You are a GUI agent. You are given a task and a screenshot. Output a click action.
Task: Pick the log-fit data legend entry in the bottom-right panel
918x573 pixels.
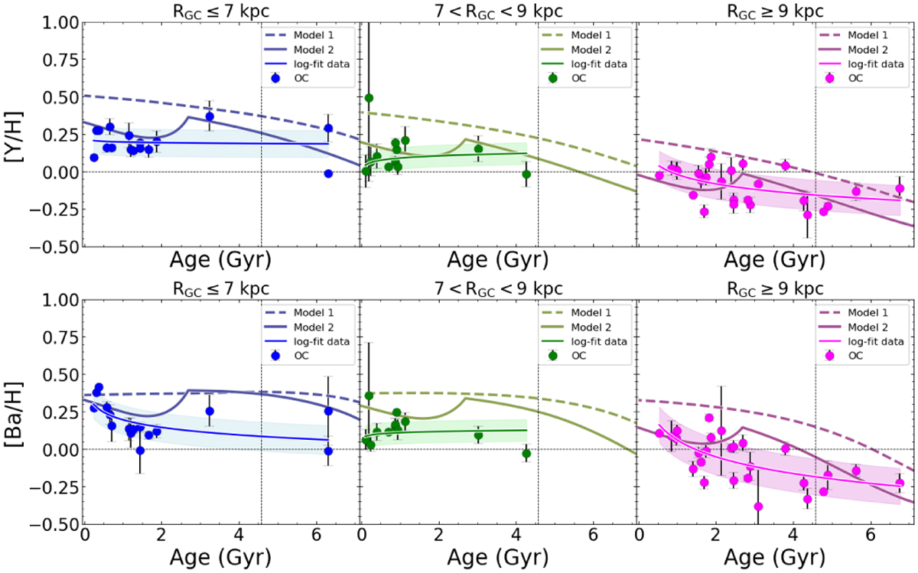(872, 342)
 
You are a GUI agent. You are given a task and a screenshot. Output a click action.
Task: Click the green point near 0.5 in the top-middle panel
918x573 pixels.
(369, 98)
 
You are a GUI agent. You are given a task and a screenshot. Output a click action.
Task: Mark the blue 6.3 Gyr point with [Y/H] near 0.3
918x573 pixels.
(328, 129)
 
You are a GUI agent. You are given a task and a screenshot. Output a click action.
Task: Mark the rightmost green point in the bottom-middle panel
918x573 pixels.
(526, 454)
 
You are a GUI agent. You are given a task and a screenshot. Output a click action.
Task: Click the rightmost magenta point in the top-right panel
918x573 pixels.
(900, 188)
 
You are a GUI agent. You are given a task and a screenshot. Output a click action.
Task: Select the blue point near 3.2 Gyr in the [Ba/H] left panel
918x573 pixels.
(210, 411)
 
